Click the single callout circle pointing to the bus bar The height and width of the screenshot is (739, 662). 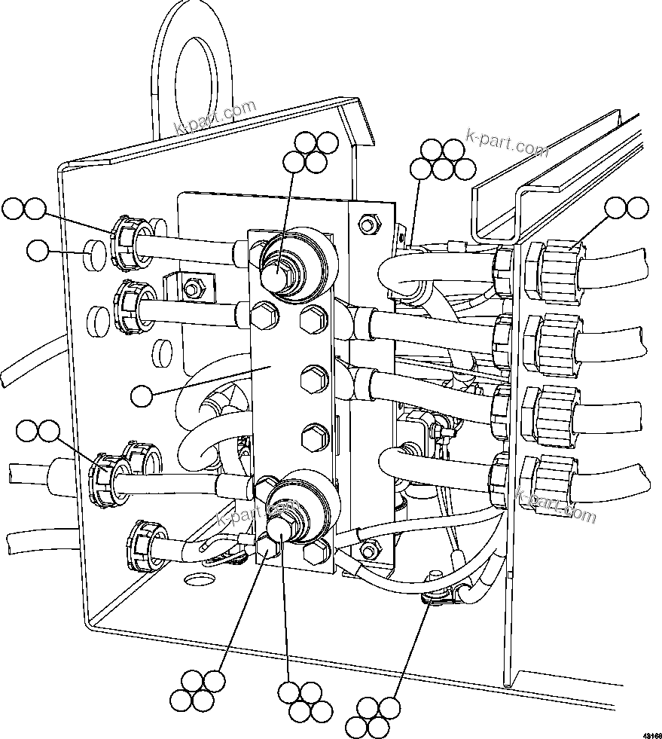142,394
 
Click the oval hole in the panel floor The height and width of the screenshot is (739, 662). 198,579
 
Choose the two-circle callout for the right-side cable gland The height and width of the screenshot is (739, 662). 627,208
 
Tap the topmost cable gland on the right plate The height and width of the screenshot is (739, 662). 556,270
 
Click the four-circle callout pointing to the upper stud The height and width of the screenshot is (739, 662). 307,151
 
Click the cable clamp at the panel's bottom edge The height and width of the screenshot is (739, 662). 438,598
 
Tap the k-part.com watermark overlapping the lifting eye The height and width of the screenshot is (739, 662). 215,117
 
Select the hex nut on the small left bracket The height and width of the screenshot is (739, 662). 191,286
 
